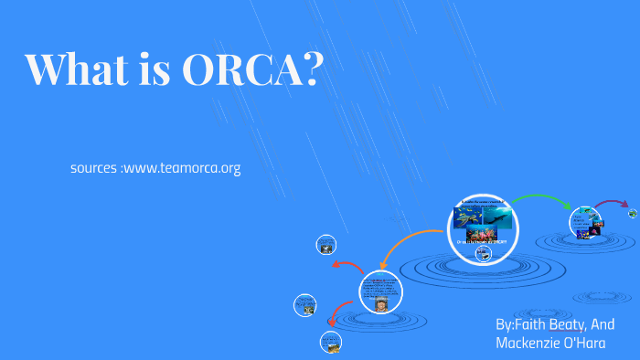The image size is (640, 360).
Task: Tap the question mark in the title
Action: click(312, 70)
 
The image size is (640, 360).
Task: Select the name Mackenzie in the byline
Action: click(528, 343)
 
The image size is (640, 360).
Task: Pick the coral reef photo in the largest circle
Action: click(482, 236)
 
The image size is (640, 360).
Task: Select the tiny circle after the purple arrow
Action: click(633, 214)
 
